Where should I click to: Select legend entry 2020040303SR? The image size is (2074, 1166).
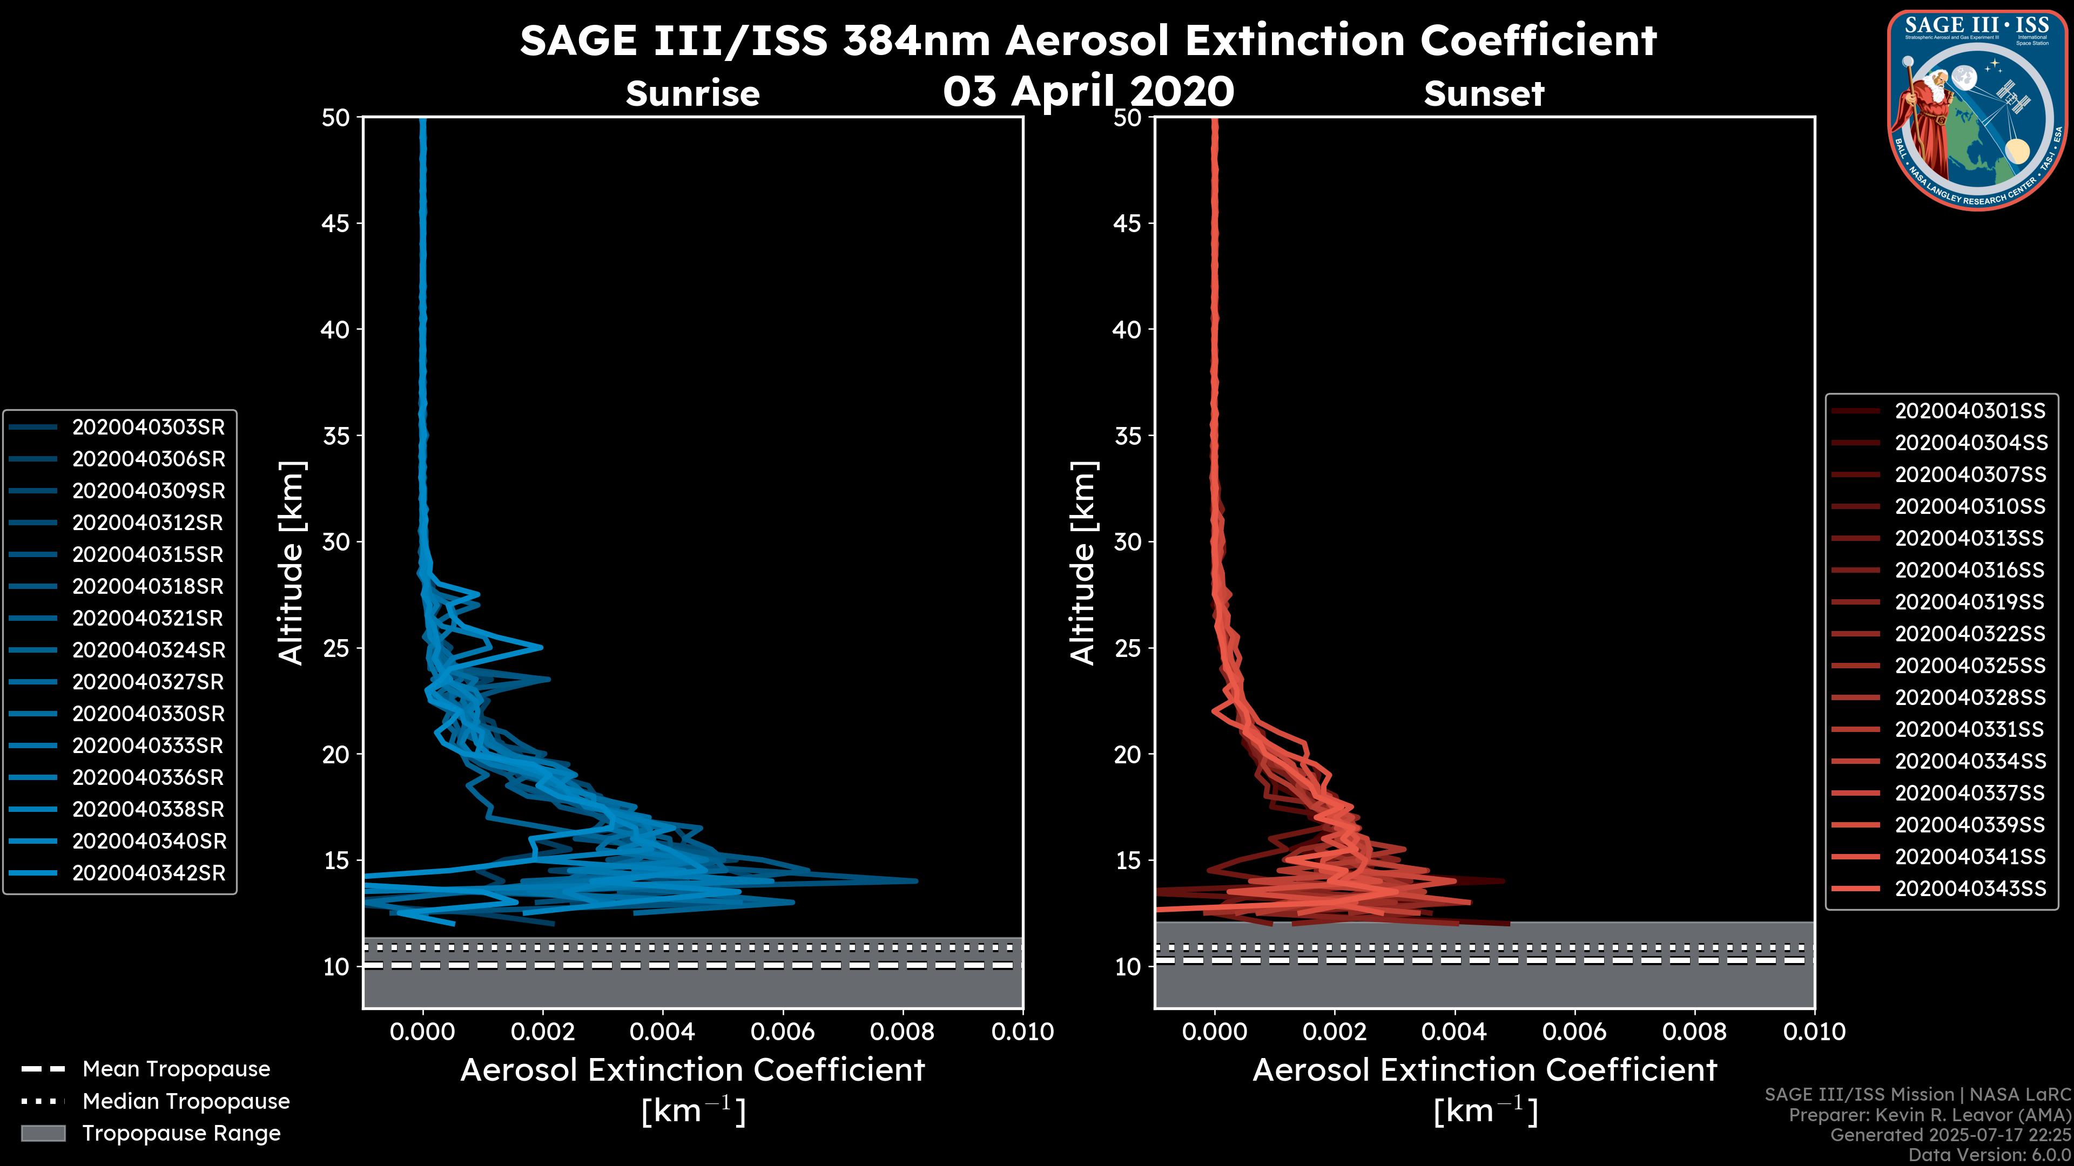148,428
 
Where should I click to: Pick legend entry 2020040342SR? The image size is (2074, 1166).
148,873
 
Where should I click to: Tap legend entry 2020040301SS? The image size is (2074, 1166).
1969,411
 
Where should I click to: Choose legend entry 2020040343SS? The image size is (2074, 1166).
1969,889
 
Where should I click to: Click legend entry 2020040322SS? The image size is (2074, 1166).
1969,634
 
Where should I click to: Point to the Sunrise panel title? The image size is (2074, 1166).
692,94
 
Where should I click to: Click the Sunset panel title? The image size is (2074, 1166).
1484,94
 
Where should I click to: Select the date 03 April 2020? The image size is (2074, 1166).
1088,91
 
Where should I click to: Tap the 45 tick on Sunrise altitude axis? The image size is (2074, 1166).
336,223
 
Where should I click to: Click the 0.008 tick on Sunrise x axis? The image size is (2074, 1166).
903,1032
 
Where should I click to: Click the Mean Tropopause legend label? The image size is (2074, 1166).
176,1069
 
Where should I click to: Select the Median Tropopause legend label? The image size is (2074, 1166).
186,1102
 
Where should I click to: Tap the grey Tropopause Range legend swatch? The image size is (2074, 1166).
43,1134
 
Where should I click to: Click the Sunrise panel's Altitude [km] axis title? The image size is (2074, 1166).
292,563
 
